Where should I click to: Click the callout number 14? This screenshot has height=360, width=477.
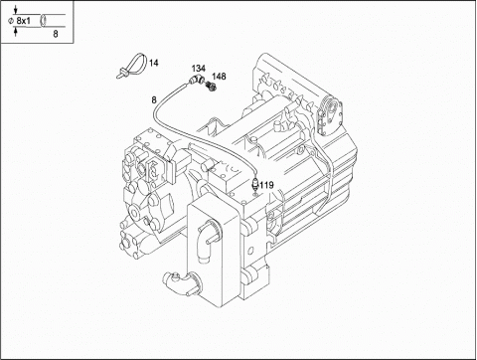click(x=153, y=63)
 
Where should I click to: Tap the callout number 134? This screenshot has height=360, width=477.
click(x=199, y=69)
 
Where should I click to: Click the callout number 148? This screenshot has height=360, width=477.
click(x=219, y=77)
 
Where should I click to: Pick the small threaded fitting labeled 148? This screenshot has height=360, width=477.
click(x=211, y=87)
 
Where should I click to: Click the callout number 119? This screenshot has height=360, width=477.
click(x=266, y=185)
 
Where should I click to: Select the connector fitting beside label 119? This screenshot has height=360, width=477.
click(x=255, y=183)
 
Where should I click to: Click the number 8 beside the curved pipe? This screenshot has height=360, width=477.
click(x=154, y=99)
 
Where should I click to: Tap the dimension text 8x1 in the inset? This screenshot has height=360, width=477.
click(x=23, y=21)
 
